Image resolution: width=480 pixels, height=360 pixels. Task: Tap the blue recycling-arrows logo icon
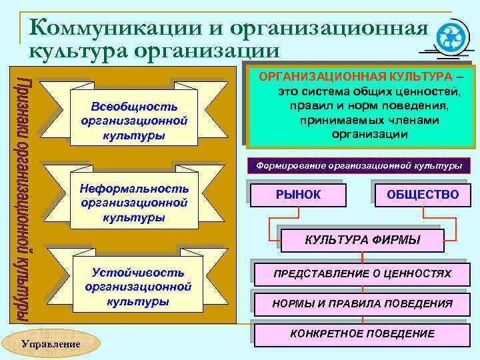click(x=451, y=36)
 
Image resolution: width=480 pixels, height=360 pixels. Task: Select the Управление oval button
click(x=51, y=343)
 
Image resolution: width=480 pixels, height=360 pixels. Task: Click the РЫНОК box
click(x=298, y=195)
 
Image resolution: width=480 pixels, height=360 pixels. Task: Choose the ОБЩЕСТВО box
click(x=423, y=195)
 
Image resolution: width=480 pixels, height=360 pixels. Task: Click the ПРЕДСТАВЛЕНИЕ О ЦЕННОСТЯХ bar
click(x=362, y=274)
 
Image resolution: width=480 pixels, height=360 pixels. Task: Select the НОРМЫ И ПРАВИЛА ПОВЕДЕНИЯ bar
click(x=362, y=304)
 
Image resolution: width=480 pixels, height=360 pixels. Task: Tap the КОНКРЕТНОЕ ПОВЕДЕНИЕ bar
click(x=362, y=333)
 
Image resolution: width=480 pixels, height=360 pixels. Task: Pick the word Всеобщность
click(x=134, y=107)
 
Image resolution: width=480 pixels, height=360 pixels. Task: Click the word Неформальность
click(x=134, y=188)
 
